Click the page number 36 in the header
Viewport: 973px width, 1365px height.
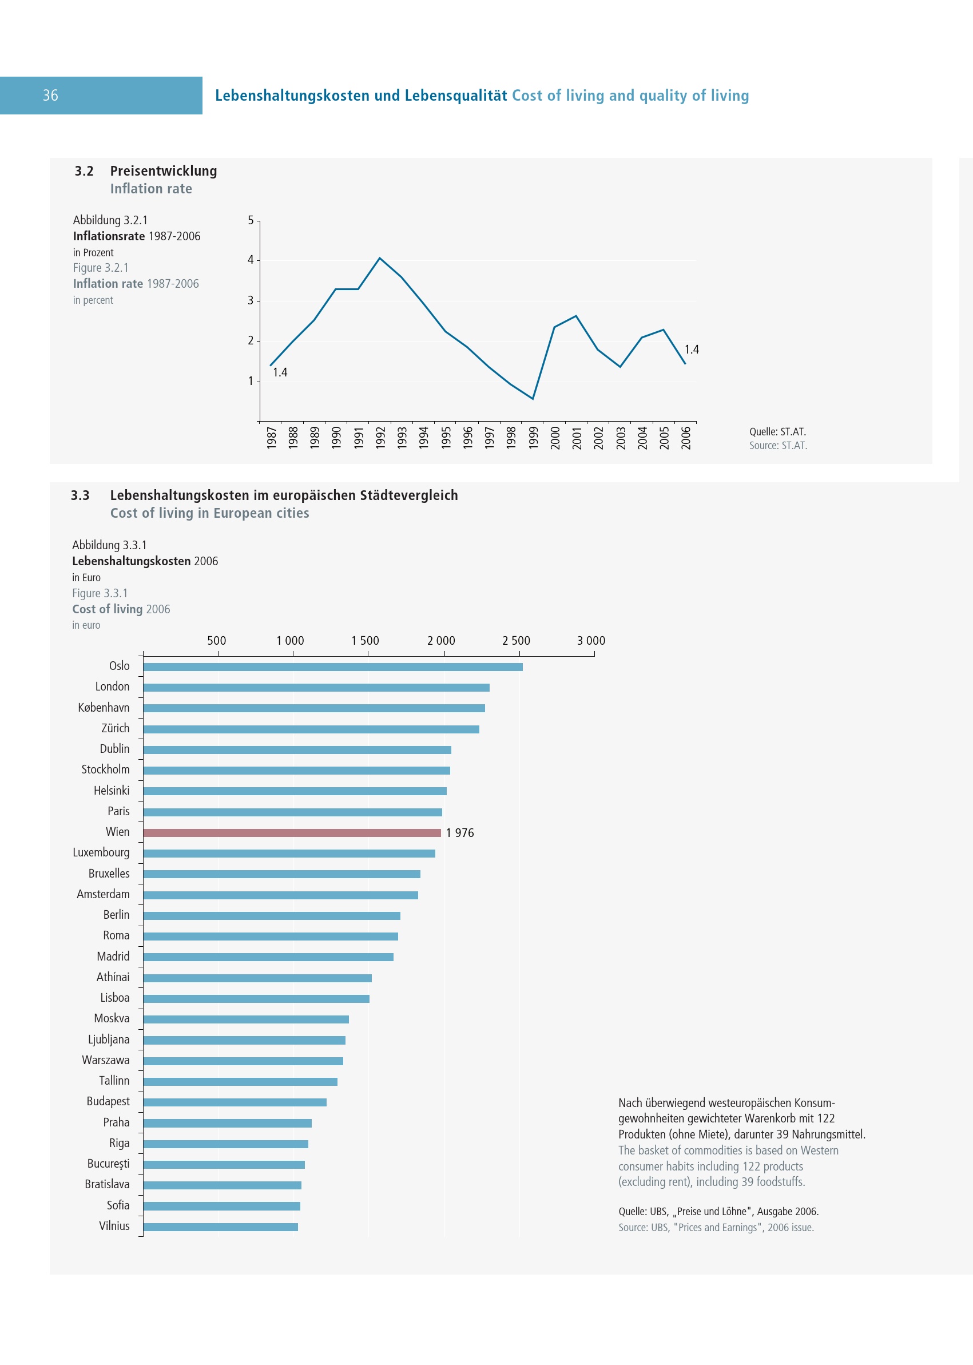coord(50,96)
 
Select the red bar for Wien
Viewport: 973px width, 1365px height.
coord(292,832)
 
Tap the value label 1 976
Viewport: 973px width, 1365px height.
coord(459,833)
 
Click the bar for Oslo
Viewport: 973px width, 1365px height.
coord(332,667)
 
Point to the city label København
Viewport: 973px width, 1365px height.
coord(104,708)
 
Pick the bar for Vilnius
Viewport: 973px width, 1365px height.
coord(220,1227)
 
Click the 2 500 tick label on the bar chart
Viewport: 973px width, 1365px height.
coord(516,641)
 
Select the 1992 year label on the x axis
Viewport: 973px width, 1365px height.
coord(380,438)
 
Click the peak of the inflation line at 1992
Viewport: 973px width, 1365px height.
coord(380,258)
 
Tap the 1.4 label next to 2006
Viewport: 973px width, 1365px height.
coord(692,350)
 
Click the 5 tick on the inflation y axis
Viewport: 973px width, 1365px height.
coord(251,220)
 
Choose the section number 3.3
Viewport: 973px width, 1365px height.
coord(80,495)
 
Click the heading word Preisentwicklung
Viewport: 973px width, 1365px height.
coord(164,171)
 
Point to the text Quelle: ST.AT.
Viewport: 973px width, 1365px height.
coord(777,431)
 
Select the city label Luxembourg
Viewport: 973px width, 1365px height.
coord(101,852)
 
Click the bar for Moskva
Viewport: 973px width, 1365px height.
coord(245,1019)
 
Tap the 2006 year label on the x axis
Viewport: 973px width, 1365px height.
coord(686,438)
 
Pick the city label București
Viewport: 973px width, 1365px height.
coord(108,1164)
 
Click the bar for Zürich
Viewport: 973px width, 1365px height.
coord(311,729)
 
